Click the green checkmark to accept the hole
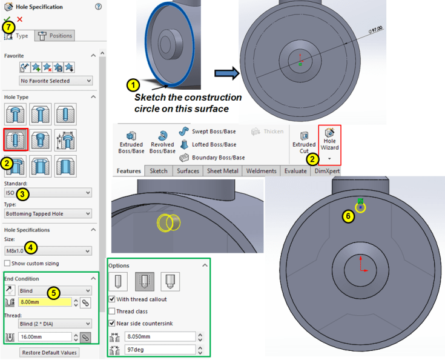[7, 19]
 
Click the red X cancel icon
[19, 19]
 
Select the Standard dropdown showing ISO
[48, 193]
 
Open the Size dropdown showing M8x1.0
[48, 250]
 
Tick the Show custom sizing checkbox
[7, 263]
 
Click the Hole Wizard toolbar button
[329, 140]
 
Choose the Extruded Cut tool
[304, 143]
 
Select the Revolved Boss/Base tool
[162, 143]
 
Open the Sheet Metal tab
[222, 172]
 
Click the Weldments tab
[262, 172]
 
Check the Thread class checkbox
[112, 311]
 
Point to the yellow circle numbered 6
[361, 207]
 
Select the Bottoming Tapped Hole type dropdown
[48, 213]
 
